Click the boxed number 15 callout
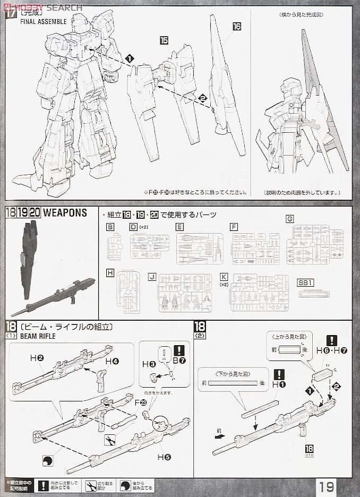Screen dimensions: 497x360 coord(164,41)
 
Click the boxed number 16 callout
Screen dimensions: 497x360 coord(236,26)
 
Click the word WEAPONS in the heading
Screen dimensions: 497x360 coord(65,213)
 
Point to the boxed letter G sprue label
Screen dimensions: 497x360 coord(289,219)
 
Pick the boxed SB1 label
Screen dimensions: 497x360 coord(306,282)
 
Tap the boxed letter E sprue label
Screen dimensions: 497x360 coord(180,227)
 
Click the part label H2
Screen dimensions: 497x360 coord(37,359)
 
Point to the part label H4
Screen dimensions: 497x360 coord(112,361)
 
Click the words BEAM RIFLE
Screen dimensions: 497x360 coord(36,336)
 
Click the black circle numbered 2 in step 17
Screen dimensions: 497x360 coord(202,98)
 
